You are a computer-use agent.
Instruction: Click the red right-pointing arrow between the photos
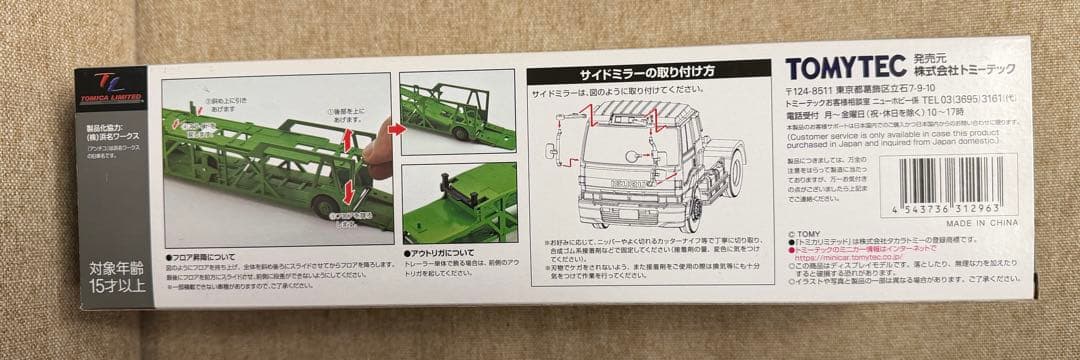click(397, 128)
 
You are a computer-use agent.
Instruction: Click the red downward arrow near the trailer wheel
click(348, 190)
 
